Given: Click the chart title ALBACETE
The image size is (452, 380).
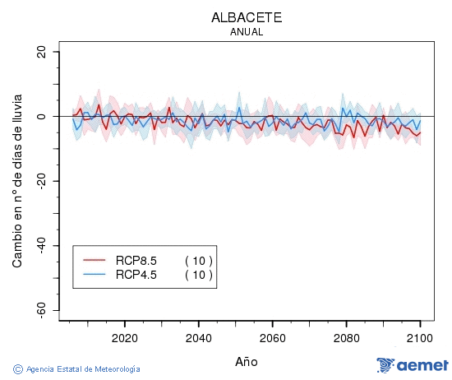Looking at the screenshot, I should click(247, 17).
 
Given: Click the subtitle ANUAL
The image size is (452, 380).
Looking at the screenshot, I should click(247, 32).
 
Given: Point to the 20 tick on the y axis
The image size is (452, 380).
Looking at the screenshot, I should click(40, 52).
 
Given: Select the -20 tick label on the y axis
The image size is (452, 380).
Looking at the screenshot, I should click(40, 181).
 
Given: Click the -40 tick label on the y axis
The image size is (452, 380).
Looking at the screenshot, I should click(40, 246).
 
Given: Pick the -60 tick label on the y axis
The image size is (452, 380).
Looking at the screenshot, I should click(40, 310).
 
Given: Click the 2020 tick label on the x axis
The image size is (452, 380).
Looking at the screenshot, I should click(124, 338).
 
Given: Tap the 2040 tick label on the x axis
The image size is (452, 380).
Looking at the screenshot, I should click(198, 338).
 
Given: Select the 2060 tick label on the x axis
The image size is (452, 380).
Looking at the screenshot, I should click(272, 338).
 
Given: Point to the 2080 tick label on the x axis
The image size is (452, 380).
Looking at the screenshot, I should click(346, 338).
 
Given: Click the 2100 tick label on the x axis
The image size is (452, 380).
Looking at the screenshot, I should click(420, 338).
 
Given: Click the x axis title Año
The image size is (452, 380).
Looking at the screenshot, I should click(246, 361).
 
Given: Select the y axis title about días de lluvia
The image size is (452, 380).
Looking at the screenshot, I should click(17, 181).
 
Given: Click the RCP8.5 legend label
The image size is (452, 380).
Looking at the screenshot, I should click(136, 261).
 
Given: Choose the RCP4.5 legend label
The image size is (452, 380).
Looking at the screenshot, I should click(136, 275).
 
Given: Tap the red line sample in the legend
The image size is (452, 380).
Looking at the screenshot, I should click(95, 261).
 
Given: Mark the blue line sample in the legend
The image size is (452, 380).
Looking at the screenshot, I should click(95, 275).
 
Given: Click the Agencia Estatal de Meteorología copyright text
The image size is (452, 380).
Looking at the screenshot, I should click(77, 369).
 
